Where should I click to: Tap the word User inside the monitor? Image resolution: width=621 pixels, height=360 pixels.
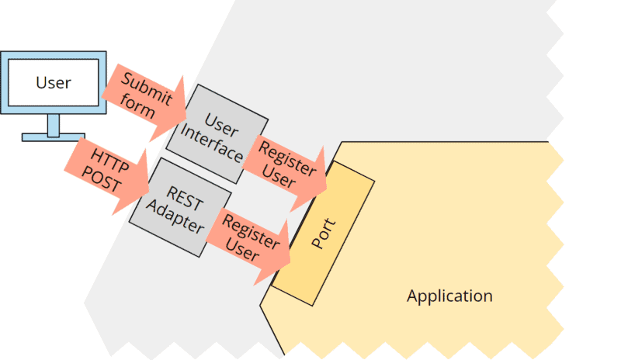coord(53,82)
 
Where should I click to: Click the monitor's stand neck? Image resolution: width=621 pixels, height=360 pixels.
coord(53,123)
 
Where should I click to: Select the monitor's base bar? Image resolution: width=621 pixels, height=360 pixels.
coord(53,137)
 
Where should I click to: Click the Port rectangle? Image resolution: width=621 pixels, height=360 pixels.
coord(322,233)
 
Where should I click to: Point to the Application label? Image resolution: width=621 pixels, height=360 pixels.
coord(449,296)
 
